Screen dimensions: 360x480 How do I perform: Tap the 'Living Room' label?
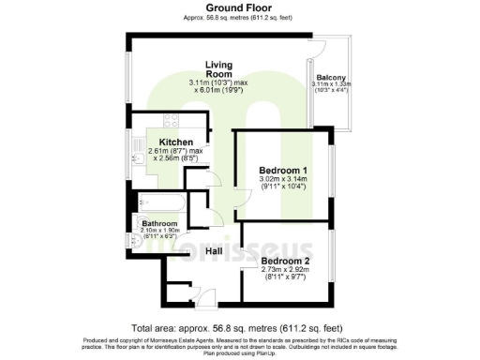[x=218, y=69]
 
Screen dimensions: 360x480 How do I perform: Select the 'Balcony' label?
[x=331, y=78]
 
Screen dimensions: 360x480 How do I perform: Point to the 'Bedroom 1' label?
[x=283, y=170]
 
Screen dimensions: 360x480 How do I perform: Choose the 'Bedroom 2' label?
[x=285, y=260]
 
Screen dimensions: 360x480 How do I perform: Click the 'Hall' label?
[x=214, y=251]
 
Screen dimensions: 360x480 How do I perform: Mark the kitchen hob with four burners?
[x=171, y=121]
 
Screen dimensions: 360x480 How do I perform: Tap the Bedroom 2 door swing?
[x=229, y=233]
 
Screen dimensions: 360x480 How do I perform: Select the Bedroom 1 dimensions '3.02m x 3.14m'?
[x=283, y=182]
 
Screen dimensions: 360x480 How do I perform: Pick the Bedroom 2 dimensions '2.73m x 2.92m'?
[x=285, y=271]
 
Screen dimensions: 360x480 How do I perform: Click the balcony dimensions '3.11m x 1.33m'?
[x=331, y=88]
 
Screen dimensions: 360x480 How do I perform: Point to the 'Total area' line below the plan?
[x=239, y=329]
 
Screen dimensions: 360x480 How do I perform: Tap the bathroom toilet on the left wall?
[x=138, y=240]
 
